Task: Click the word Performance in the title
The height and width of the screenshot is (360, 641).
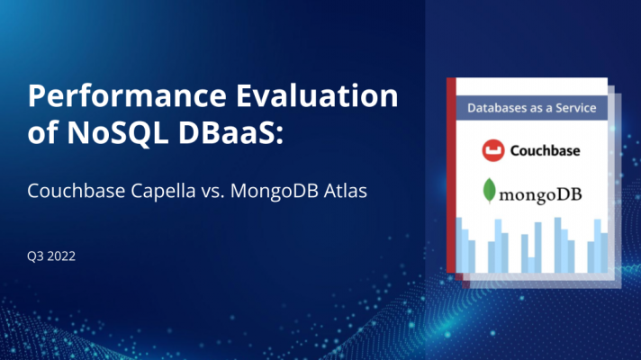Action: [127, 96]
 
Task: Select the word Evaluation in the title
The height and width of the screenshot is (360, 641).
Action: [317, 95]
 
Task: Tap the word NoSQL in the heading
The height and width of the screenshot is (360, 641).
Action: [118, 133]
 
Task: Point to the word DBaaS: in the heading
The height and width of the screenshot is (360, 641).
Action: [231, 132]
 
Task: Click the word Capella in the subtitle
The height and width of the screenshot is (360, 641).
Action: [163, 191]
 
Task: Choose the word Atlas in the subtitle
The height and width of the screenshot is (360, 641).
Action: [345, 191]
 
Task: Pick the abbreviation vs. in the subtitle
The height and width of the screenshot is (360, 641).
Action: [212, 192]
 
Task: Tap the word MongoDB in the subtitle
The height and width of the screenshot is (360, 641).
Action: [275, 191]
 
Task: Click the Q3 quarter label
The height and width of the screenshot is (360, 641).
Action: [35, 256]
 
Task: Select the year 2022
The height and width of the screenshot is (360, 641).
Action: [61, 256]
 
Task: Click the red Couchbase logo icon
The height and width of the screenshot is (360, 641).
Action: [493, 150]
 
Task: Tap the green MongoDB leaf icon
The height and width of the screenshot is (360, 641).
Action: [489, 191]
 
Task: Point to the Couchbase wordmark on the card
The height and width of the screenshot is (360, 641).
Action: [545, 151]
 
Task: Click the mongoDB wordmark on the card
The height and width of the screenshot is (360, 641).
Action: [540, 195]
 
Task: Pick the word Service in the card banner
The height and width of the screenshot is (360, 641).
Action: [575, 108]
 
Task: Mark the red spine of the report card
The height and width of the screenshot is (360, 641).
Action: [451, 175]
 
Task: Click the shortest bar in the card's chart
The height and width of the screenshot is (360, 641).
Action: [531, 265]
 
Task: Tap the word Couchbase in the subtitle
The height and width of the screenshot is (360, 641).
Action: [76, 191]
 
